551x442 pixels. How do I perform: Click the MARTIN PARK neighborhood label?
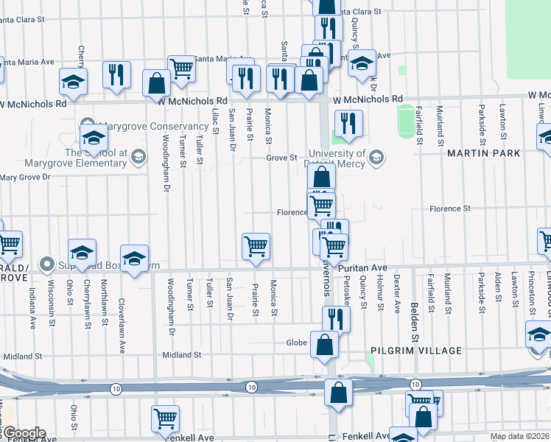coord(483,153)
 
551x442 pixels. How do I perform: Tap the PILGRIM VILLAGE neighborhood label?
coord(416,351)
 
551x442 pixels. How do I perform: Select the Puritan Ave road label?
coord(362,268)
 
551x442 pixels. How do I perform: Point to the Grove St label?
coord(281,158)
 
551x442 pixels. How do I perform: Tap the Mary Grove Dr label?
coord(25,178)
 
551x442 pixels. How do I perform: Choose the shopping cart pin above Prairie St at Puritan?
coord(256,246)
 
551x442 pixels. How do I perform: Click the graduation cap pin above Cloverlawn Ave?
coord(134,259)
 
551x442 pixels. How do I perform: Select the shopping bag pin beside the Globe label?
coord(324,345)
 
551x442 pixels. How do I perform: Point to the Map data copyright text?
coord(519,436)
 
